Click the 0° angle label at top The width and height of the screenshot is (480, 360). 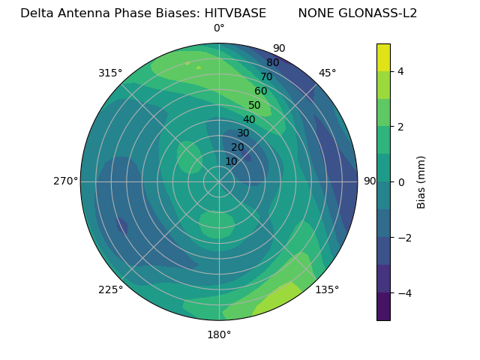pyautogui.click(x=219, y=28)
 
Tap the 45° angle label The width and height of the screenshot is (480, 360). pyautogui.click(x=328, y=73)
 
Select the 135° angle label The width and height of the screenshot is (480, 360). pyautogui.click(x=327, y=289)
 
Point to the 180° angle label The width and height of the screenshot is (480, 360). pyautogui.click(x=219, y=334)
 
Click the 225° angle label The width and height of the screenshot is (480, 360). pyautogui.click(x=110, y=289)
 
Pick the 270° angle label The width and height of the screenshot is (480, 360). pyautogui.click(x=66, y=181)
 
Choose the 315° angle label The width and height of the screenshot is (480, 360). pyautogui.click(x=110, y=73)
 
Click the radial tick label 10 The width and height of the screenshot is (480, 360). pyautogui.click(x=231, y=161)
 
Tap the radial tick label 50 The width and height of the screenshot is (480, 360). pyautogui.click(x=255, y=106)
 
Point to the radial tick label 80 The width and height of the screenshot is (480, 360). pyautogui.click(x=273, y=63)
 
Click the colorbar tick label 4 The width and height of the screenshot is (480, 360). pyautogui.click(x=400, y=71)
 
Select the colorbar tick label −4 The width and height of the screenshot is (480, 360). pyautogui.click(x=403, y=292)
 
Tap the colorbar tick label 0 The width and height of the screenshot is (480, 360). pyautogui.click(x=400, y=181)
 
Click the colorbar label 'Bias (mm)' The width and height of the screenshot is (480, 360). pyautogui.click(x=421, y=181)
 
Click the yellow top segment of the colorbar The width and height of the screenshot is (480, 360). pyautogui.click(x=383, y=57)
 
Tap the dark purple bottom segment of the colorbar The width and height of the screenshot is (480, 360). pyautogui.click(x=383, y=306)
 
